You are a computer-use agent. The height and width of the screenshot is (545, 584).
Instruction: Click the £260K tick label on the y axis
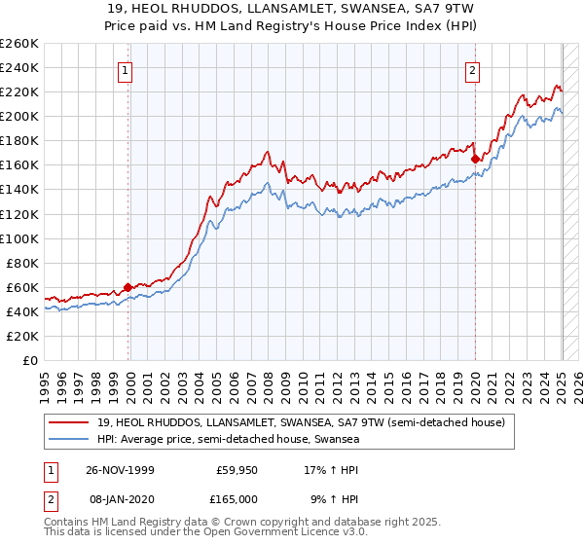pyautogui.click(x=19, y=44)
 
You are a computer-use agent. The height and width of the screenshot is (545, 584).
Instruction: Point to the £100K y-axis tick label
pyautogui.click(x=19, y=238)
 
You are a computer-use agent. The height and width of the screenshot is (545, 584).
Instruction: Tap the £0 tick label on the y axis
pyautogui.click(x=30, y=360)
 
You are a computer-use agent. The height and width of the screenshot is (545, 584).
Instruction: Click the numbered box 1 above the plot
pyautogui.click(x=128, y=69)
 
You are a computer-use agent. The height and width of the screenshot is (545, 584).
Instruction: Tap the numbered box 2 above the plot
pyautogui.click(x=472, y=69)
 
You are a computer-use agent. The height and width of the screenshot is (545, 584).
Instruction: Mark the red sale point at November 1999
pyautogui.click(x=128, y=287)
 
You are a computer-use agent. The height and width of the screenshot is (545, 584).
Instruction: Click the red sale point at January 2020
pyautogui.click(x=474, y=159)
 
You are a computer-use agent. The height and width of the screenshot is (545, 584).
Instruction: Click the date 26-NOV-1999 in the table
pyautogui.click(x=121, y=470)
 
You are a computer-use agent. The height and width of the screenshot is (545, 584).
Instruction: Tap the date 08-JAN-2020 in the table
pyautogui.click(x=121, y=498)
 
